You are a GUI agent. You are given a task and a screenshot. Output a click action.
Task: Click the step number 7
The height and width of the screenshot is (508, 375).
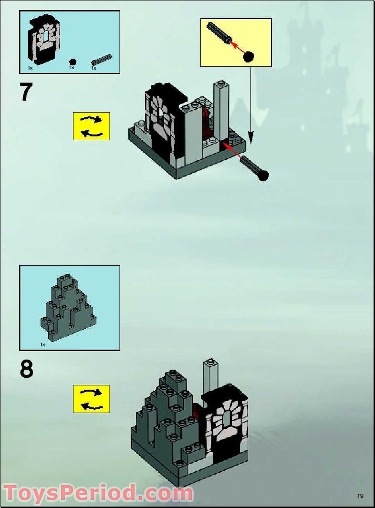click(x=26, y=92)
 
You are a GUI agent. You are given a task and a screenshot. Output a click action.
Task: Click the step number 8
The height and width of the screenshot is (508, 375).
click(x=27, y=369)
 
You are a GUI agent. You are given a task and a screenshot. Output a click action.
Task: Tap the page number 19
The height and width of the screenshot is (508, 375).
click(x=360, y=496)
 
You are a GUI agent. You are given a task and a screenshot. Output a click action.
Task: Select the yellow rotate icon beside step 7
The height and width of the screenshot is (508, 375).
click(x=91, y=126)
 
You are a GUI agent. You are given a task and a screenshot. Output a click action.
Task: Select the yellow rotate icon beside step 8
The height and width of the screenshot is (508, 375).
click(x=91, y=399)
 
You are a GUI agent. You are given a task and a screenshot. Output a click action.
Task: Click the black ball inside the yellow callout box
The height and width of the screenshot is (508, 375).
click(x=248, y=57)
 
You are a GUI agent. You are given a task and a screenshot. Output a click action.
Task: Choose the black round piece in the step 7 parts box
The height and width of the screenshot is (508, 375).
click(x=73, y=62)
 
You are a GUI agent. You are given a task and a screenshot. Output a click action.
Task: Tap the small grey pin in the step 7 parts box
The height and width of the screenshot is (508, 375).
click(x=102, y=60)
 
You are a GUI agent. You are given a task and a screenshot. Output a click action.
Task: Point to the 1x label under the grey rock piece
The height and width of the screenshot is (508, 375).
click(x=42, y=344)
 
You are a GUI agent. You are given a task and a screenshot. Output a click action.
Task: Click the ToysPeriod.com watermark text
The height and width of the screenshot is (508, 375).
click(x=98, y=493)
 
